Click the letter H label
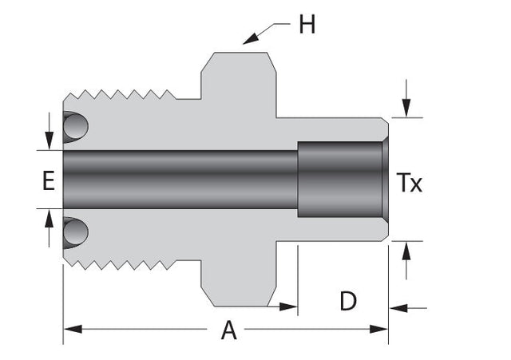pos(307,25)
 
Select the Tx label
pos(409,183)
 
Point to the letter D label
pos(348,301)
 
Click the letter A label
pos(228,330)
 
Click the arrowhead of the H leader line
pos(250,39)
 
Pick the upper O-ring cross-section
pos(75,126)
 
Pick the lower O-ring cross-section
pos(75,232)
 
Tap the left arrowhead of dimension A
pos(73,329)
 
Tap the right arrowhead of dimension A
pos(378,329)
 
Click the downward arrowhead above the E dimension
pos(49,140)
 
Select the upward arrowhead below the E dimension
pos(49,218)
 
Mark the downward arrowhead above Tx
pos(406,108)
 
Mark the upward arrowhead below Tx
pos(406,251)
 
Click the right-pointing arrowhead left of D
pos(288,307)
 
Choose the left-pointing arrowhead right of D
pos(398,308)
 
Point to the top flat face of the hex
pos(241,53)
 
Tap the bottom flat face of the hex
pos(241,307)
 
